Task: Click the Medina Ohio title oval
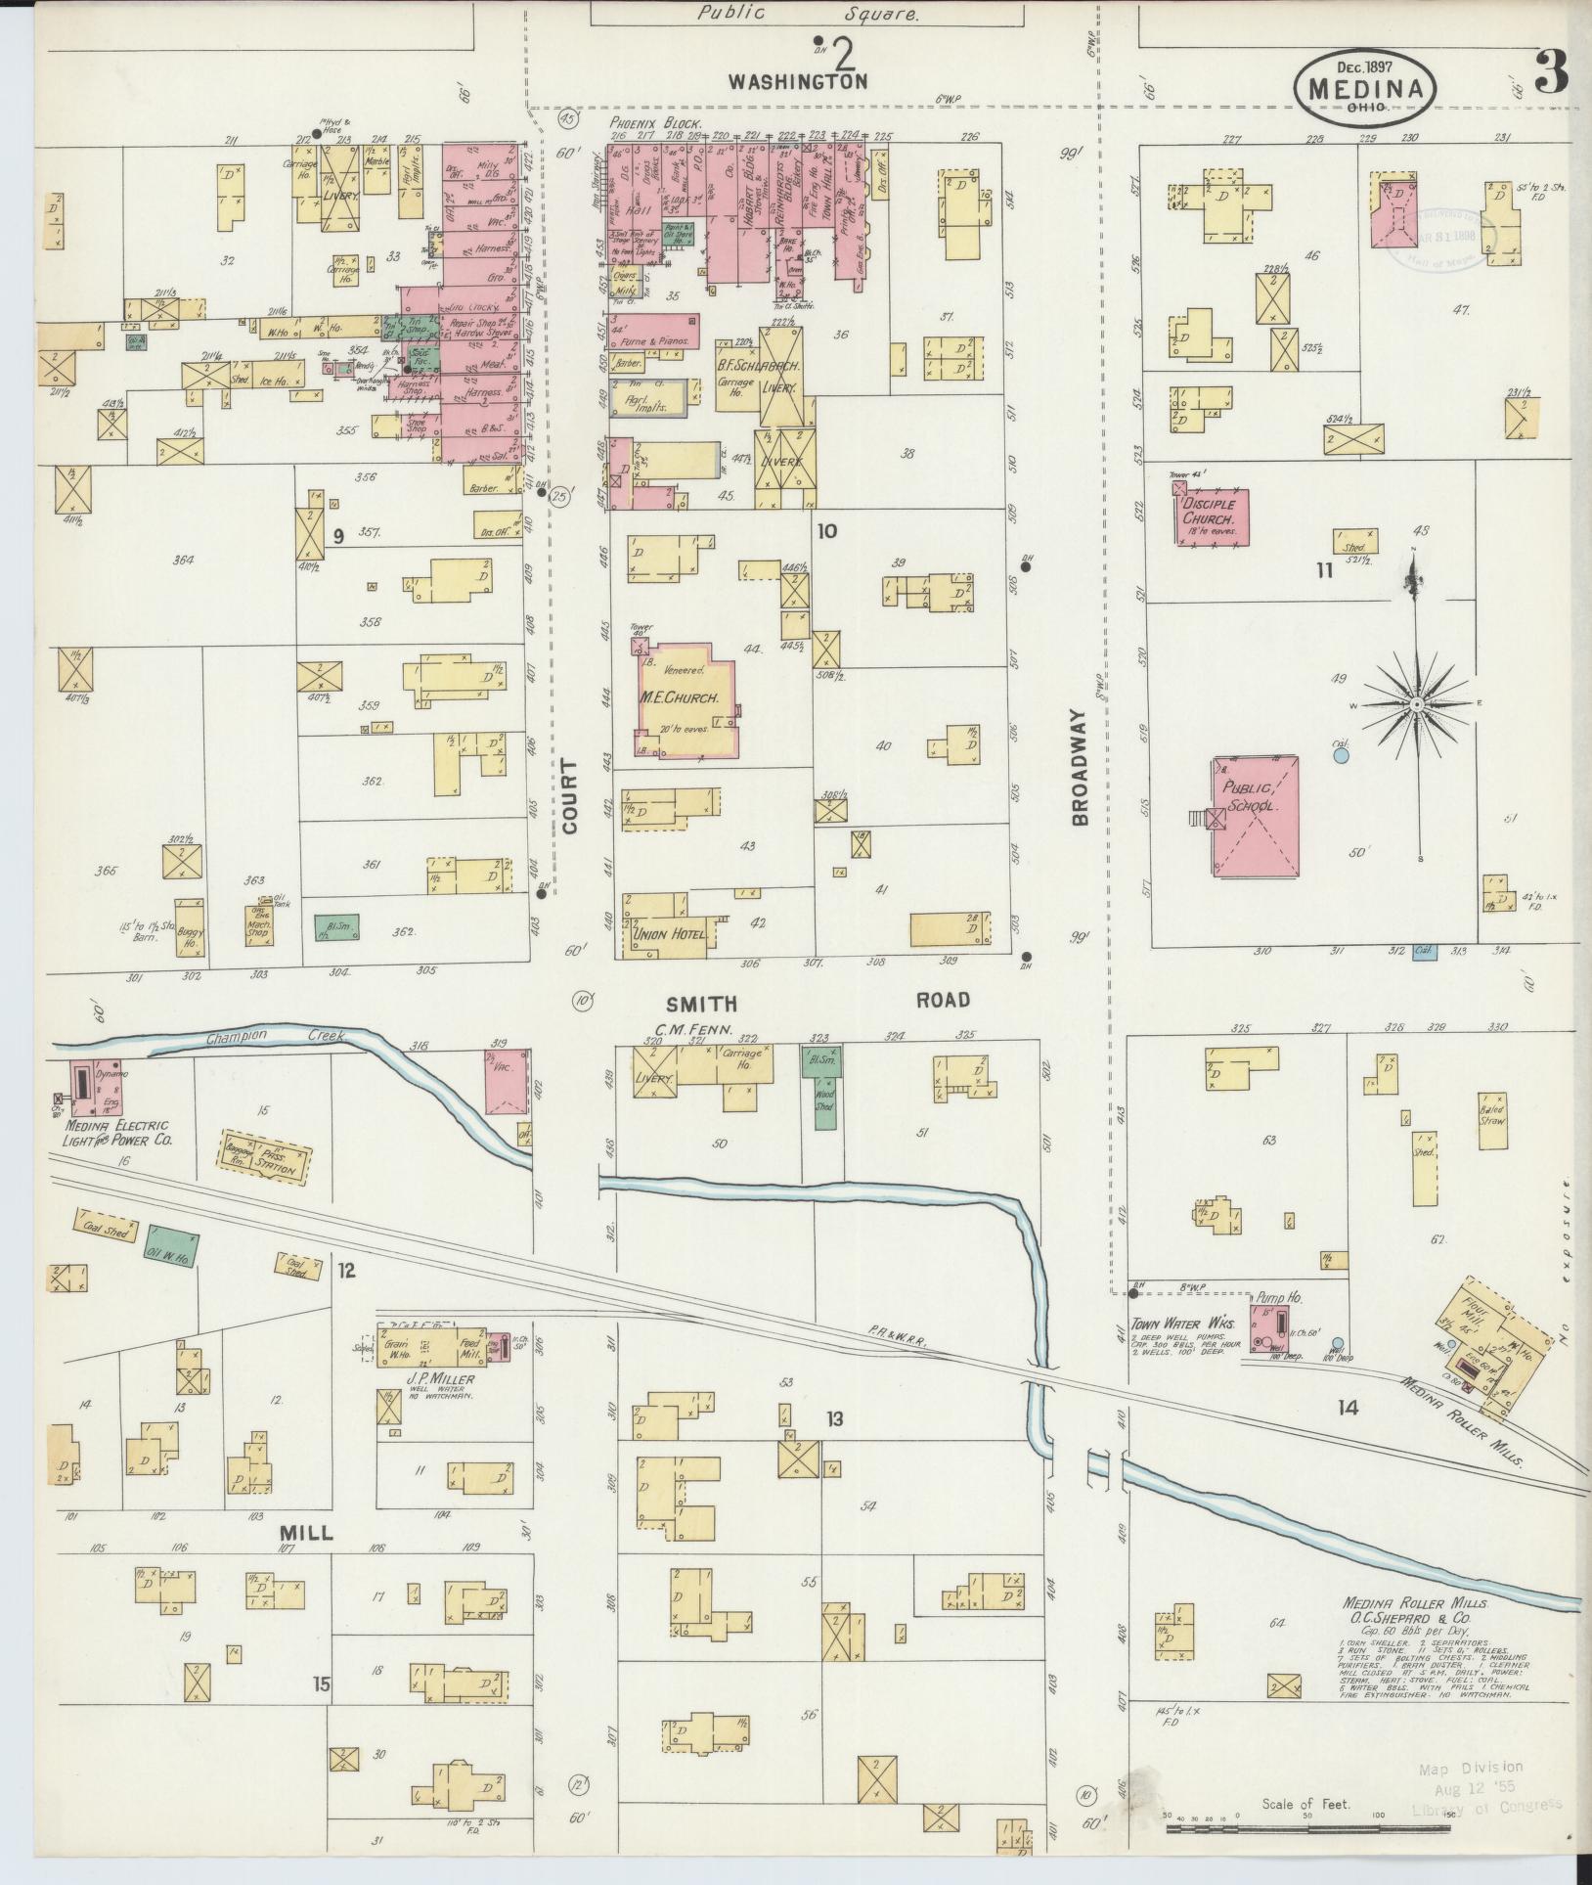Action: coord(1366,86)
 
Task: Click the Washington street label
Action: coord(811,82)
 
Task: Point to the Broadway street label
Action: coord(1080,768)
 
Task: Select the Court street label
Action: coord(570,796)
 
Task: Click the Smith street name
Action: coord(700,1004)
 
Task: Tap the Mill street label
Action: coord(306,1533)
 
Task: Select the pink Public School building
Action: coord(1257,815)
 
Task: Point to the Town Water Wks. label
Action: coord(1182,1323)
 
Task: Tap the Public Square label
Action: coord(808,14)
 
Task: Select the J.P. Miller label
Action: coord(441,1379)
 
